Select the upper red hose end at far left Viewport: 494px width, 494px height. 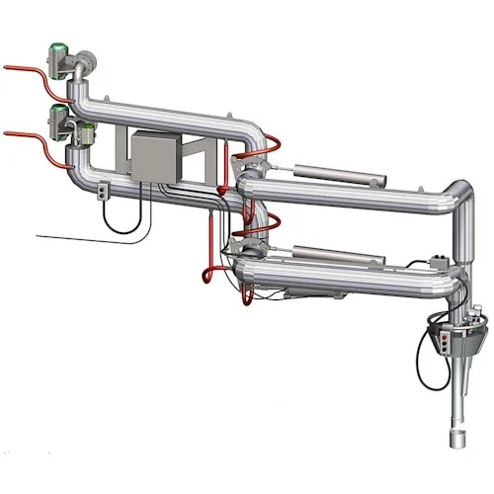[x=8, y=67]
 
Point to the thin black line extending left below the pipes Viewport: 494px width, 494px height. [x=69, y=237]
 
